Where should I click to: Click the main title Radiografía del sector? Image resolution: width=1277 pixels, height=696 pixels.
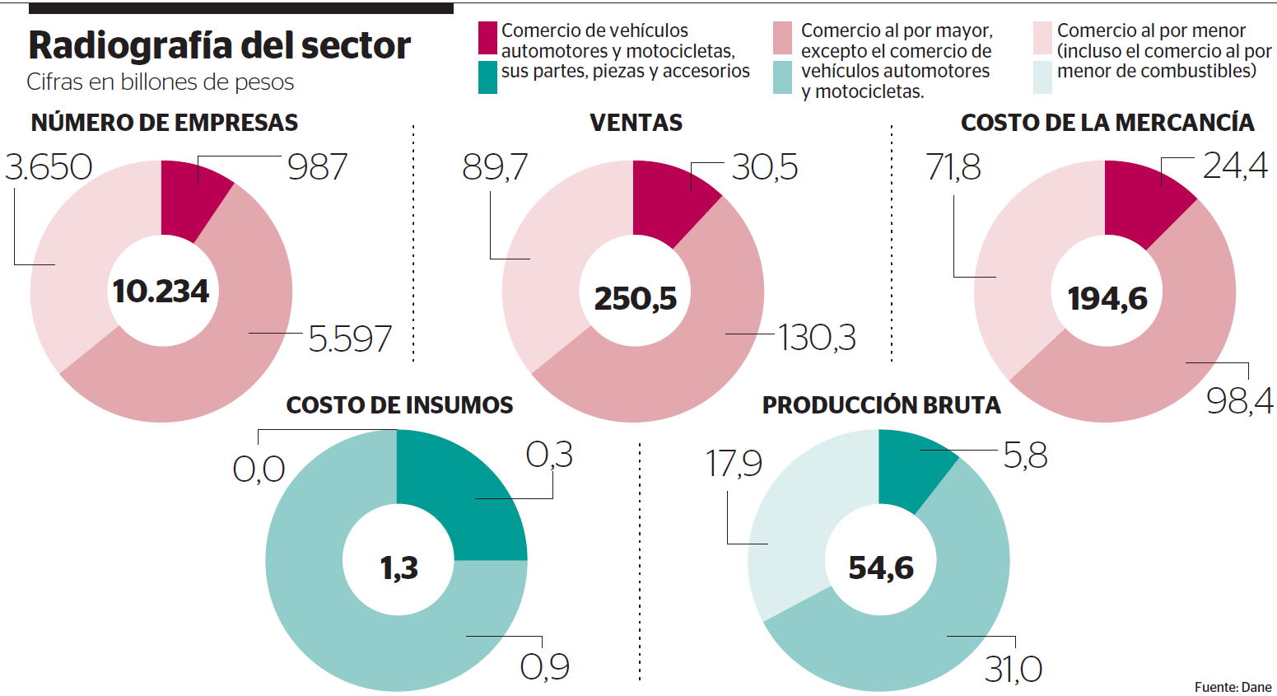coord(219,46)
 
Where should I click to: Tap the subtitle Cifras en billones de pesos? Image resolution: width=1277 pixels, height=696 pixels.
coord(160,82)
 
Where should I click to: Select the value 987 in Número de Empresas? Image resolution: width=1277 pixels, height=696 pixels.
coord(318,167)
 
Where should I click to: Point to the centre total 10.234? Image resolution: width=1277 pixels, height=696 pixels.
coord(161,292)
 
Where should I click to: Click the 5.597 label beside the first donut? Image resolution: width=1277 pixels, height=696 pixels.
coord(350,339)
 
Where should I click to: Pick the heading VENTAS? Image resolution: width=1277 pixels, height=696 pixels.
coord(636,123)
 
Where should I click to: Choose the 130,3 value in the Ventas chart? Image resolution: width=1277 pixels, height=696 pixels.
coord(817,338)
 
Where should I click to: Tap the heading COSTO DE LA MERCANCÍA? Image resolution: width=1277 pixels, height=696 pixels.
coord(1107,123)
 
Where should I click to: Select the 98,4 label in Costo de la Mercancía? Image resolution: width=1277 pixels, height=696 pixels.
coord(1239,401)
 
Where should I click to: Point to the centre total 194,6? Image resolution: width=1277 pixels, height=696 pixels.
coord(1107,298)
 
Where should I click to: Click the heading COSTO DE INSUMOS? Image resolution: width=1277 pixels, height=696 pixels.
coord(399,405)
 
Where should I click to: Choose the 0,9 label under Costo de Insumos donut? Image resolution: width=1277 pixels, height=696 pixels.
coord(544,666)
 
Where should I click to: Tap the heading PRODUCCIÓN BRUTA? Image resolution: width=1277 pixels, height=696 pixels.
coord(881,405)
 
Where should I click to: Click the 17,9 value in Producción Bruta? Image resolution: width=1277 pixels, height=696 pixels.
coord(734,464)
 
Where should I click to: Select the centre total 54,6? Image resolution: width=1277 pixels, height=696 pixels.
coord(881,568)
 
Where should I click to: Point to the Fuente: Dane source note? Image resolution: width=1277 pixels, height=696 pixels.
coord(1233,687)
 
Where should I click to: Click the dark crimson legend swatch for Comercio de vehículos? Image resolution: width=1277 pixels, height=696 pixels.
coord(487,38)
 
